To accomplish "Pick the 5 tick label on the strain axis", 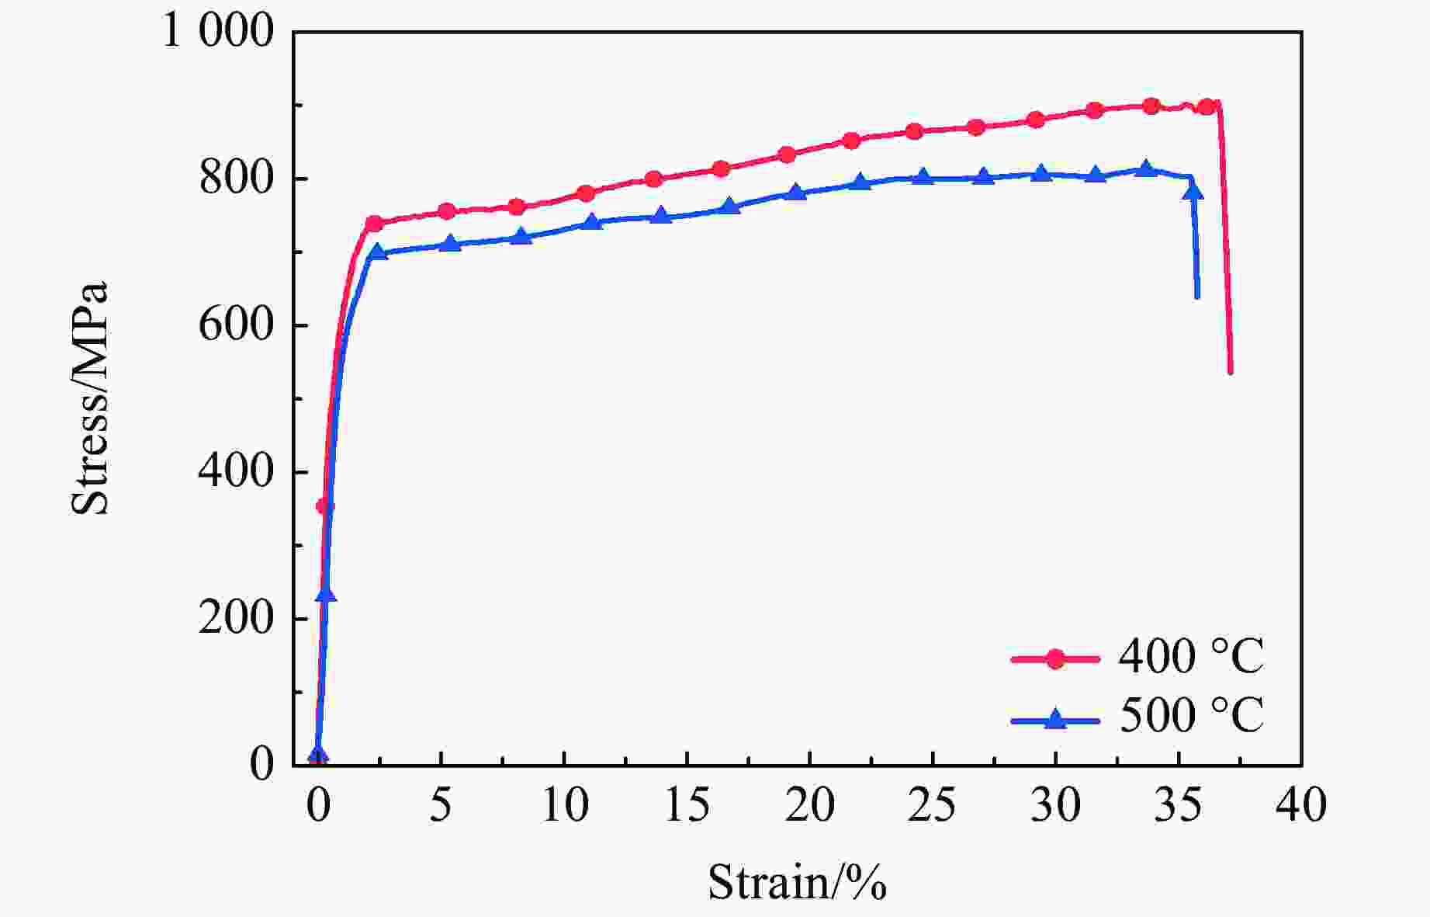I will point(441,807).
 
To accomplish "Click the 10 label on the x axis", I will point(564,807).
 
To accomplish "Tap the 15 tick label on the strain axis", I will point(687,807).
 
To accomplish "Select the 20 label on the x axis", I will point(809,807).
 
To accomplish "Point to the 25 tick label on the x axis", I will point(933,807).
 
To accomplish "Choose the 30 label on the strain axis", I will point(1055,807).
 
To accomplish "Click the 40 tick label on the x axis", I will point(1301,807).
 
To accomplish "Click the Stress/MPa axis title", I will point(90,398).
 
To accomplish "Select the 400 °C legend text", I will point(1191,657).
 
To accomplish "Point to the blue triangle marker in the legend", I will point(1055,719).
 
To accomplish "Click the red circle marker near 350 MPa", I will point(324,507).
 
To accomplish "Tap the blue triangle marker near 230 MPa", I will point(326,594).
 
